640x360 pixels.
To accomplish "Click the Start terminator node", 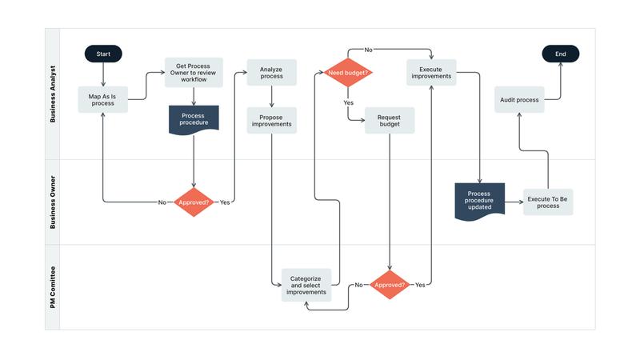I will click(x=103, y=54).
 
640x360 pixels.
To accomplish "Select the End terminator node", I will click(x=560, y=54).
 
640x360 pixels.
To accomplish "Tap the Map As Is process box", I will click(x=102, y=99).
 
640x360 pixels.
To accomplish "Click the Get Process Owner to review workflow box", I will click(x=193, y=72).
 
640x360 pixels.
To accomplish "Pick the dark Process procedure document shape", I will click(x=194, y=119).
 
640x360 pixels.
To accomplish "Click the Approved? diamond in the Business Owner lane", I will click(x=194, y=202).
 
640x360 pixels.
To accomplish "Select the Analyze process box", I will click(x=271, y=73).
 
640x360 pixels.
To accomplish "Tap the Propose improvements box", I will click(x=271, y=122).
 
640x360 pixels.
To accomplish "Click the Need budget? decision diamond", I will click(x=348, y=73).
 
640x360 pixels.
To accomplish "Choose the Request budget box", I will click(x=389, y=122).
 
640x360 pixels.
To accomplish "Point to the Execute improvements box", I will click(x=430, y=73).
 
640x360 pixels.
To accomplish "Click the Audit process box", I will click(x=518, y=99).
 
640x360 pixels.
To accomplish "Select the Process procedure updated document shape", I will click(x=479, y=202).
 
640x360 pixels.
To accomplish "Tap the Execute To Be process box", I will click(x=548, y=202).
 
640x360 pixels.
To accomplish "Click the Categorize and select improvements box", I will click(x=307, y=285).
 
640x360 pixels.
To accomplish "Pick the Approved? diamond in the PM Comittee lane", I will click(x=390, y=285).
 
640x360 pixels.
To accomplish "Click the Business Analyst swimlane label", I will click(x=53, y=94).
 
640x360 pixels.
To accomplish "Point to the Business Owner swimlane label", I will click(x=53, y=202).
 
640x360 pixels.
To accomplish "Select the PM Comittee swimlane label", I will click(x=53, y=286).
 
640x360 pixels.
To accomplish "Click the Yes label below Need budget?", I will click(x=348, y=103).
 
